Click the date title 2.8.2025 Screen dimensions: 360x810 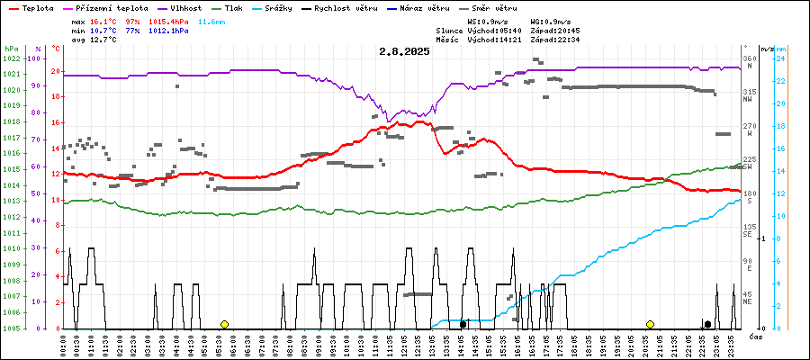[404, 51]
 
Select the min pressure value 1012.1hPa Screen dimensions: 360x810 [169, 31]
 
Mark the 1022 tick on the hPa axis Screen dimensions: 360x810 [11, 58]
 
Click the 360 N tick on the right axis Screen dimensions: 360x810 [749, 58]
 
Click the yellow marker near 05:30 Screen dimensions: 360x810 [224, 324]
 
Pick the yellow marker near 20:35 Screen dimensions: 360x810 [650, 324]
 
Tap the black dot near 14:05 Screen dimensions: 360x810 [463, 324]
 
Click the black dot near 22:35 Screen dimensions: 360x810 [707, 324]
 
